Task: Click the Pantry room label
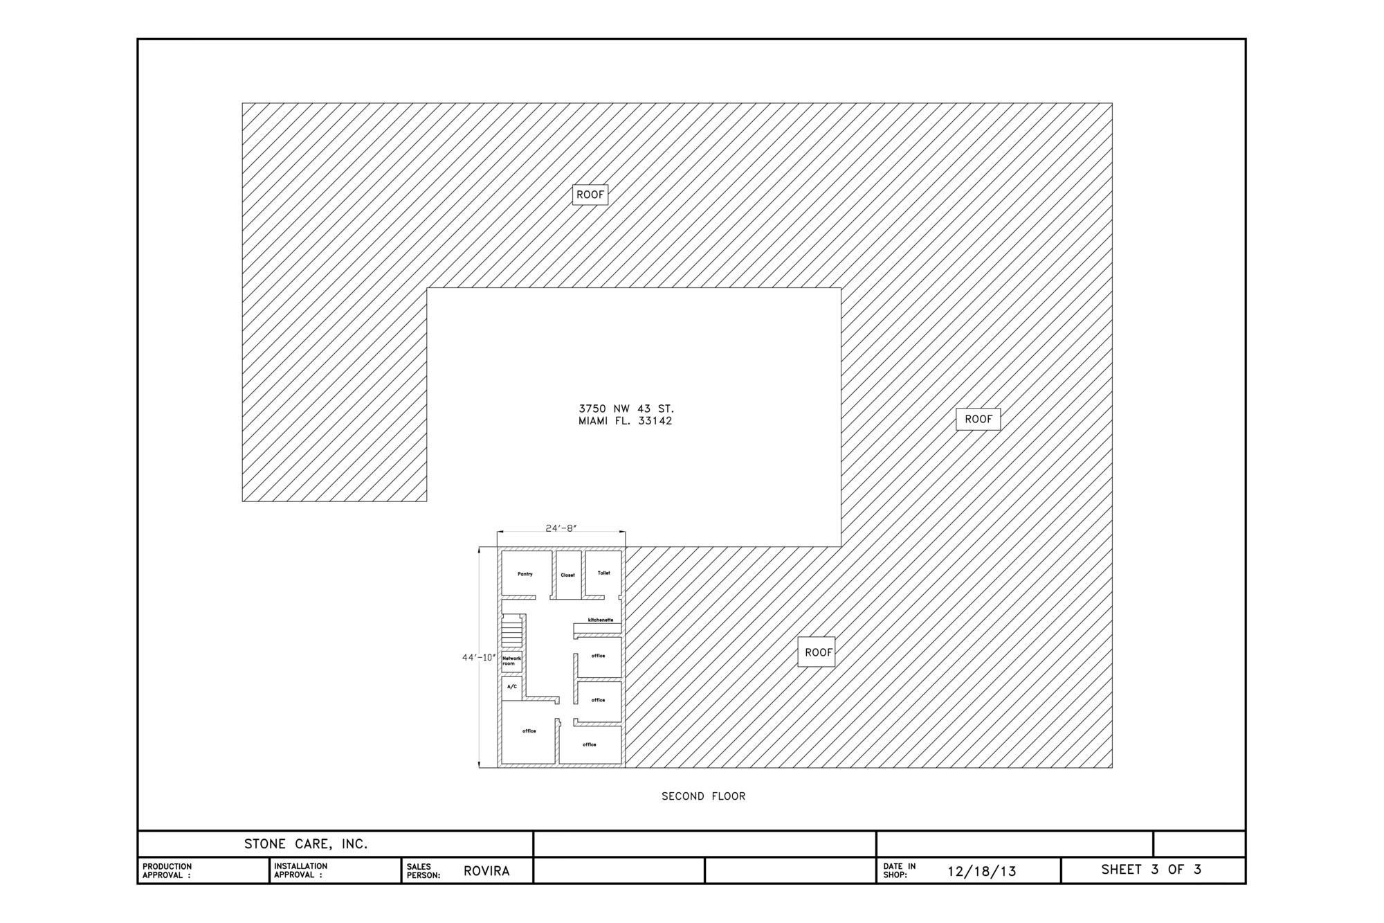525,574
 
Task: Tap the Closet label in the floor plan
568,575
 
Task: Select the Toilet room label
604,573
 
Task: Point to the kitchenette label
601,620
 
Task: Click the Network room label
511,661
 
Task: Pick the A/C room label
512,686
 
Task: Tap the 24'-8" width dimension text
561,528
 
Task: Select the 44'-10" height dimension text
479,657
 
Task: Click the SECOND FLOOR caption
704,796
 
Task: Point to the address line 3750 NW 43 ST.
626,409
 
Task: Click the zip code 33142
655,420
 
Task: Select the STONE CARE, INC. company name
306,844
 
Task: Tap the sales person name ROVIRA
486,871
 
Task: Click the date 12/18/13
982,872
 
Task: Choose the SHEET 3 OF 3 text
1151,870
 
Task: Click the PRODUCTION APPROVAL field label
167,870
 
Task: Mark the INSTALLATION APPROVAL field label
300,870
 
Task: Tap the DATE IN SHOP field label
900,870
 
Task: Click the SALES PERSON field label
424,870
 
